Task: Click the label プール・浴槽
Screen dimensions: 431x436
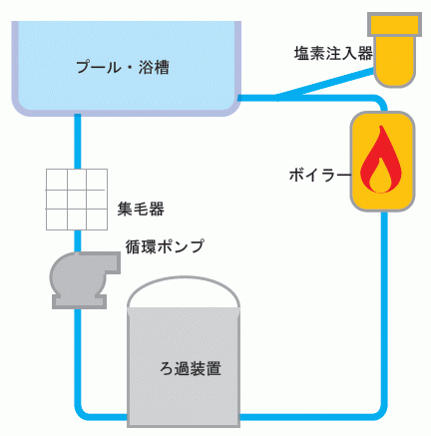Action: tap(123, 67)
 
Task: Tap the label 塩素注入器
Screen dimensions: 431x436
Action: tap(333, 53)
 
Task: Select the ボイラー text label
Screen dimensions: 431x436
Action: tap(320, 175)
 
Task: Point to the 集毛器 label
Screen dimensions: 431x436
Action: tap(141, 210)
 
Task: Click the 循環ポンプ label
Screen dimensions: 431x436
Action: tap(165, 246)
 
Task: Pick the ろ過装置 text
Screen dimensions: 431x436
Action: tap(191, 368)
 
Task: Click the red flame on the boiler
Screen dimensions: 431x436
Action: tap(381, 160)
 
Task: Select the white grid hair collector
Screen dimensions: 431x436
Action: tap(77, 200)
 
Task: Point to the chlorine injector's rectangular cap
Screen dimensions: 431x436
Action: tap(394, 24)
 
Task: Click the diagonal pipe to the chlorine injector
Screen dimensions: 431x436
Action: tap(325, 83)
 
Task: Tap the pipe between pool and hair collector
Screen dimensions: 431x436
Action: tap(78, 142)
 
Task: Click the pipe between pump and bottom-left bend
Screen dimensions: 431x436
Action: tap(78, 357)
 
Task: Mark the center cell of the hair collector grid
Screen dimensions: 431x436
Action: tap(77, 200)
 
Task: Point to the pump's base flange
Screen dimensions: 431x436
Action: tap(79, 301)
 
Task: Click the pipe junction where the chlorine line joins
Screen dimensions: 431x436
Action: tap(276, 98)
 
